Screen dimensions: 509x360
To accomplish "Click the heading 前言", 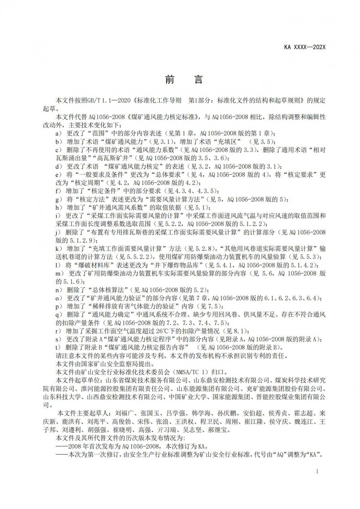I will click(184, 80).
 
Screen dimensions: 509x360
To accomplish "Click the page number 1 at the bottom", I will click(316, 471).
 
